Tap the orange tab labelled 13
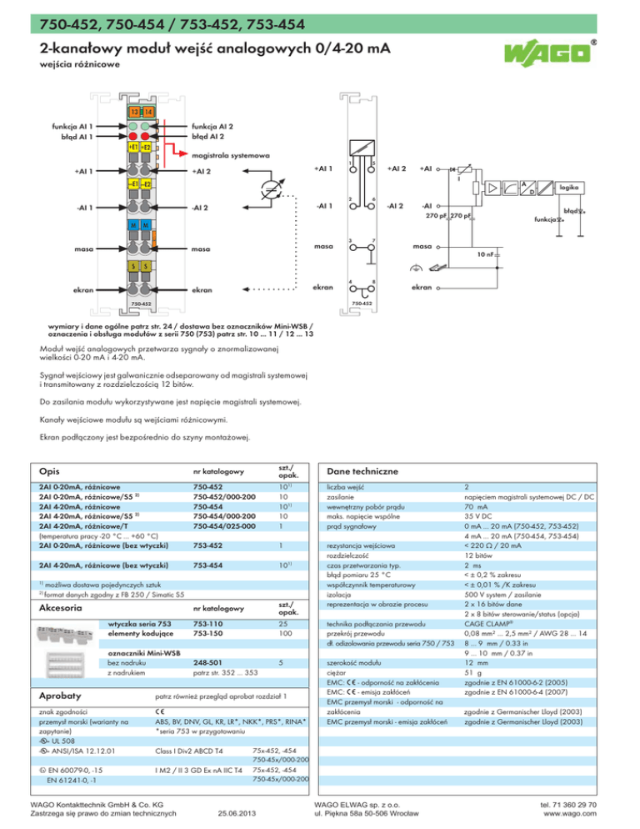tap(132, 112)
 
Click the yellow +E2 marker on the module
tap(147, 147)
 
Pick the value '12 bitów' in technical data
tap(480, 555)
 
